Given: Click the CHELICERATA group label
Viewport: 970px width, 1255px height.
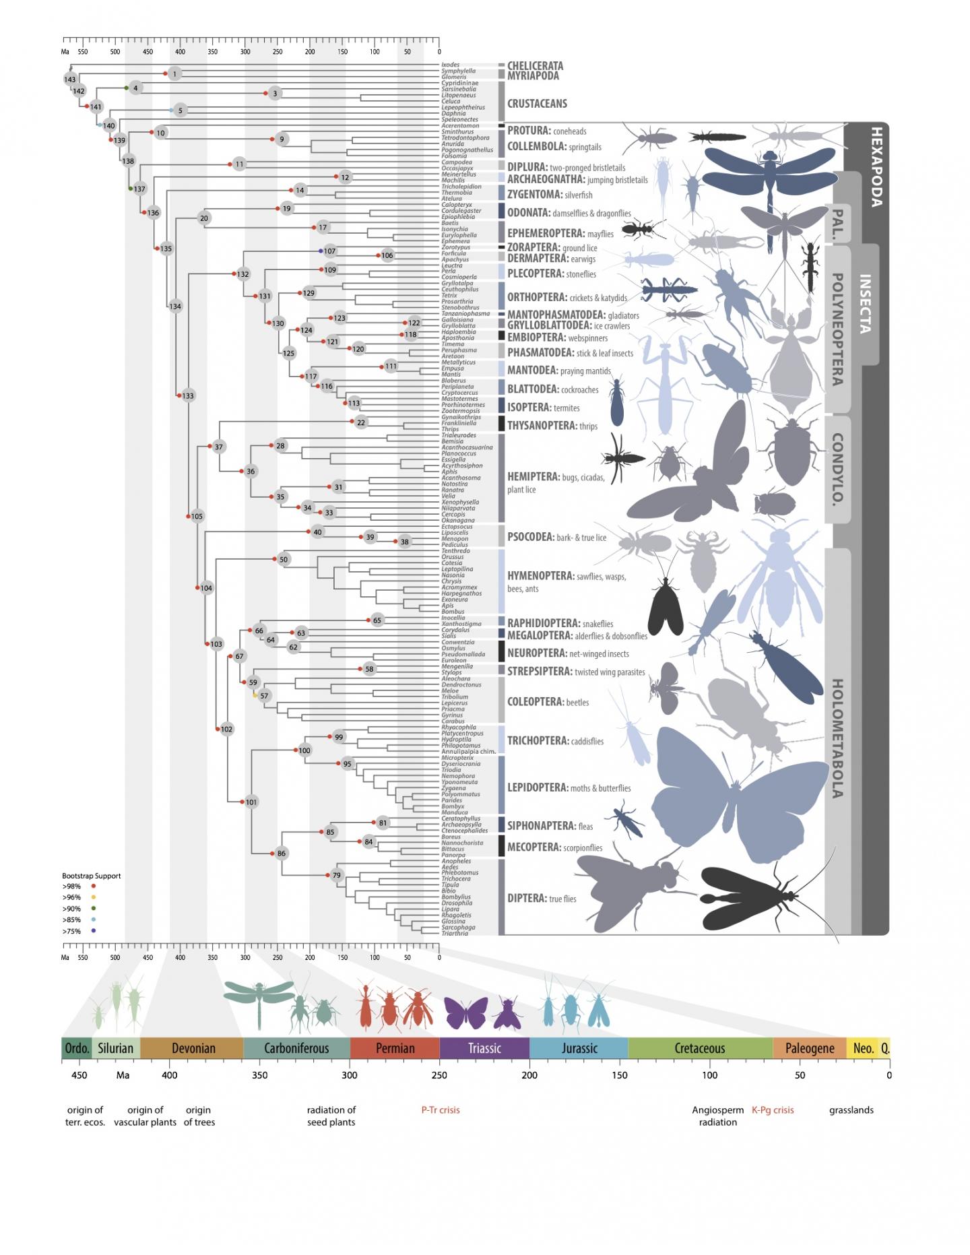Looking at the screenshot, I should tap(535, 66).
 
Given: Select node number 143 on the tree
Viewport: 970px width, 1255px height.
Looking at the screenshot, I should tap(70, 79).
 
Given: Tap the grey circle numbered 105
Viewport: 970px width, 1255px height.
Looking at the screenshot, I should tap(197, 517).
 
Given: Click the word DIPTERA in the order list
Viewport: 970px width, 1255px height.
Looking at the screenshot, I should tap(526, 898).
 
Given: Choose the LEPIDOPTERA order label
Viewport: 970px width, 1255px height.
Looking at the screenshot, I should tap(537, 787).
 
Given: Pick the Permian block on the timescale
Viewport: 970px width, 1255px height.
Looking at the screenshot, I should tap(395, 1048).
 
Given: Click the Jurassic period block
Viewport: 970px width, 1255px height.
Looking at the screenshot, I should tap(579, 1048).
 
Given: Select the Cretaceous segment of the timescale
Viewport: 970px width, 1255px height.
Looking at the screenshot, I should tap(699, 1048).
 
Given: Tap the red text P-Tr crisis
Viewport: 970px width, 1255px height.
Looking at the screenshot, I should tap(441, 1110).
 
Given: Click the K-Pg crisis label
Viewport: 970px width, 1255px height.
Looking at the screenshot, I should tap(773, 1110).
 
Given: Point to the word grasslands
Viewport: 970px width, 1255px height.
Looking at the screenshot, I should tap(851, 1110).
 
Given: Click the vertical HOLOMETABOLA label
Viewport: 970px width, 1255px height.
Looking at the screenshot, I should tap(837, 738).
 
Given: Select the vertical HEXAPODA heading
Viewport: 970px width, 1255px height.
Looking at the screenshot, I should tap(875, 166).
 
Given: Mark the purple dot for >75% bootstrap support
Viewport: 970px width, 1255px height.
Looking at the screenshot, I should tap(93, 932).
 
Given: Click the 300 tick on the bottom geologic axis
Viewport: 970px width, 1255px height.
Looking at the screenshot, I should tap(349, 1075).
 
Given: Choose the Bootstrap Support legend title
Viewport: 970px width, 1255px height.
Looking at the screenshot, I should tap(92, 876).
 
